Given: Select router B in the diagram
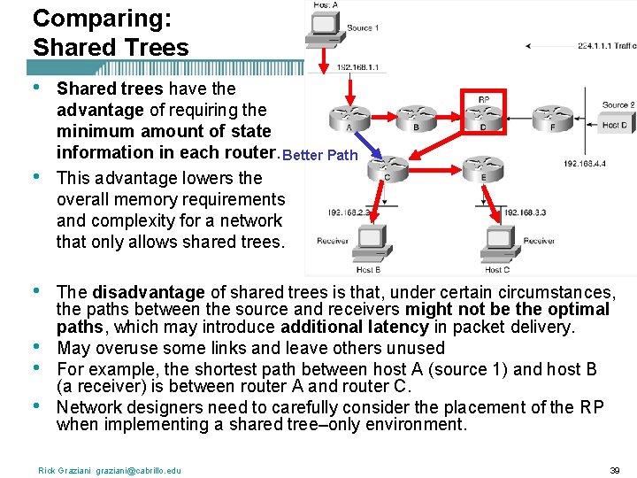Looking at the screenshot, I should (x=414, y=116).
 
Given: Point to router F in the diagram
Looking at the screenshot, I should (x=551, y=116).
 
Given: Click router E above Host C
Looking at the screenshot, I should (x=483, y=166).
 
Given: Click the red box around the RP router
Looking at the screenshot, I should (x=483, y=112).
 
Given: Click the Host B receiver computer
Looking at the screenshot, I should (x=367, y=241).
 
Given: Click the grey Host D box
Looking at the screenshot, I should (x=613, y=125).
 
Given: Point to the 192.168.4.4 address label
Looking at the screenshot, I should (x=584, y=164).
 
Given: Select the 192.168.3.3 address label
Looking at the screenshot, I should (x=526, y=212).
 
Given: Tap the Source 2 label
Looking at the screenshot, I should (x=618, y=104).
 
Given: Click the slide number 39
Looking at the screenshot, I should (x=616, y=470).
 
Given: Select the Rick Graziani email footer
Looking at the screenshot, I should (x=109, y=470).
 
